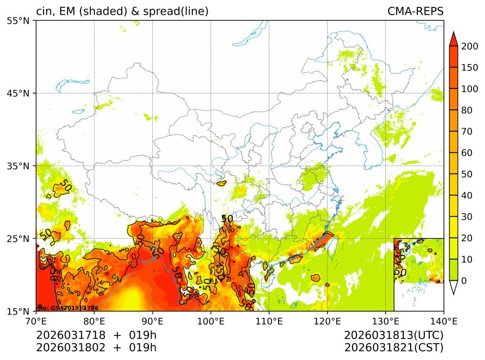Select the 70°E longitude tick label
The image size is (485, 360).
[x=36, y=321]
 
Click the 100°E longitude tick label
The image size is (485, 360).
[x=210, y=321]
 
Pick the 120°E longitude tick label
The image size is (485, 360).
[x=327, y=321]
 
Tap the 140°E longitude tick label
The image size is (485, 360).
[x=443, y=321]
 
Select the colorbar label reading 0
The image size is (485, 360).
[x=463, y=281]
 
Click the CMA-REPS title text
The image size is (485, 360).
[x=415, y=11]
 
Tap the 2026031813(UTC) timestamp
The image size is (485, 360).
[x=394, y=335]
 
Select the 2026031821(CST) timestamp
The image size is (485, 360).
[x=394, y=347]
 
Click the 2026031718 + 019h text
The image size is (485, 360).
[x=96, y=335]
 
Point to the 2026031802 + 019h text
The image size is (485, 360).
[x=96, y=347]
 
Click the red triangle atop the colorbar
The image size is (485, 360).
[x=453, y=38]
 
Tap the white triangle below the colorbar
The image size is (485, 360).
[x=453, y=287]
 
